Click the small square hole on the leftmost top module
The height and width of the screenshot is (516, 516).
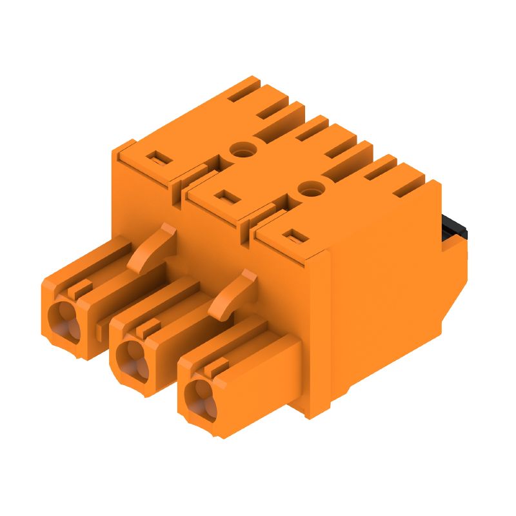pyautogui.click(x=155, y=157)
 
